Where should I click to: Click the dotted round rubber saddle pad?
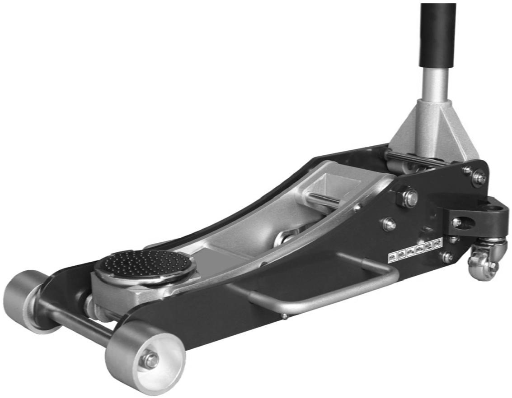coord(145,266)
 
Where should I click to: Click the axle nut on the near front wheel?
coord(150,360)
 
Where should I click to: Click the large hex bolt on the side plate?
coord(409,198)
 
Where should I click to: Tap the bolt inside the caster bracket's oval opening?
coord(457,222)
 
